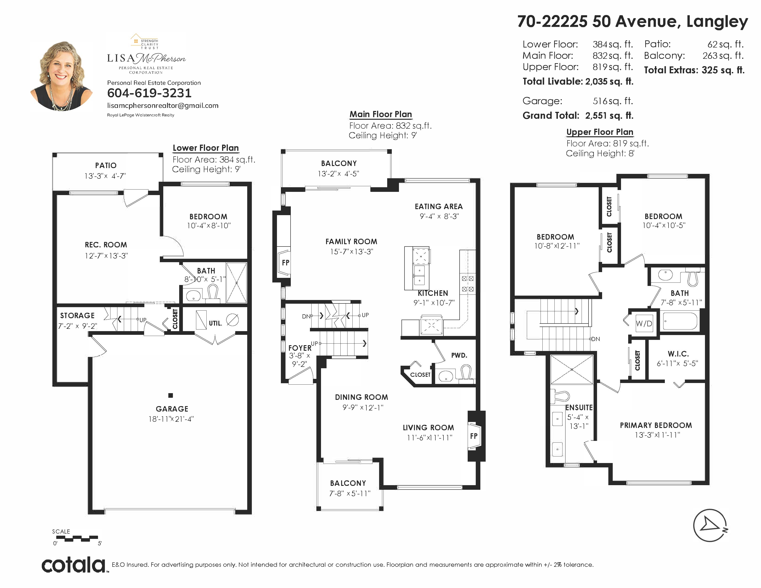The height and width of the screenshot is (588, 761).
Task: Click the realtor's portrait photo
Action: (62, 76)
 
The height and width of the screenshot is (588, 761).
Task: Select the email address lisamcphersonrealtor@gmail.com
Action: (163, 106)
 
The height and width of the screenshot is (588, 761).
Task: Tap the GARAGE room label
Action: (172, 409)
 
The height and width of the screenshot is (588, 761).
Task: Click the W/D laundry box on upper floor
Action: (644, 324)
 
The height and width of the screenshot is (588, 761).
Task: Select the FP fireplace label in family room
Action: (285, 263)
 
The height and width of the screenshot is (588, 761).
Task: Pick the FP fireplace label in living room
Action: (473, 436)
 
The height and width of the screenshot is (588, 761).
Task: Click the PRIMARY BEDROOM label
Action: (656, 425)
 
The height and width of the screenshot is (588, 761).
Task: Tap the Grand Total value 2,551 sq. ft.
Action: (609, 116)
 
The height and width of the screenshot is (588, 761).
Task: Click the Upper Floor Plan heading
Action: (600, 132)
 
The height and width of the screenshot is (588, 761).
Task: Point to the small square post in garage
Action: (170, 395)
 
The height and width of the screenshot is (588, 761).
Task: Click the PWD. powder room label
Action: (459, 355)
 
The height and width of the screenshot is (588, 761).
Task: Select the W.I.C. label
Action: (678, 354)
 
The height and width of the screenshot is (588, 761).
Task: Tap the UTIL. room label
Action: (215, 323)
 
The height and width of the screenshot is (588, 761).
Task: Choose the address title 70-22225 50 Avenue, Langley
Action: (632, 22)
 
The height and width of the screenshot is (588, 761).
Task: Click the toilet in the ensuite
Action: (561, 396)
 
